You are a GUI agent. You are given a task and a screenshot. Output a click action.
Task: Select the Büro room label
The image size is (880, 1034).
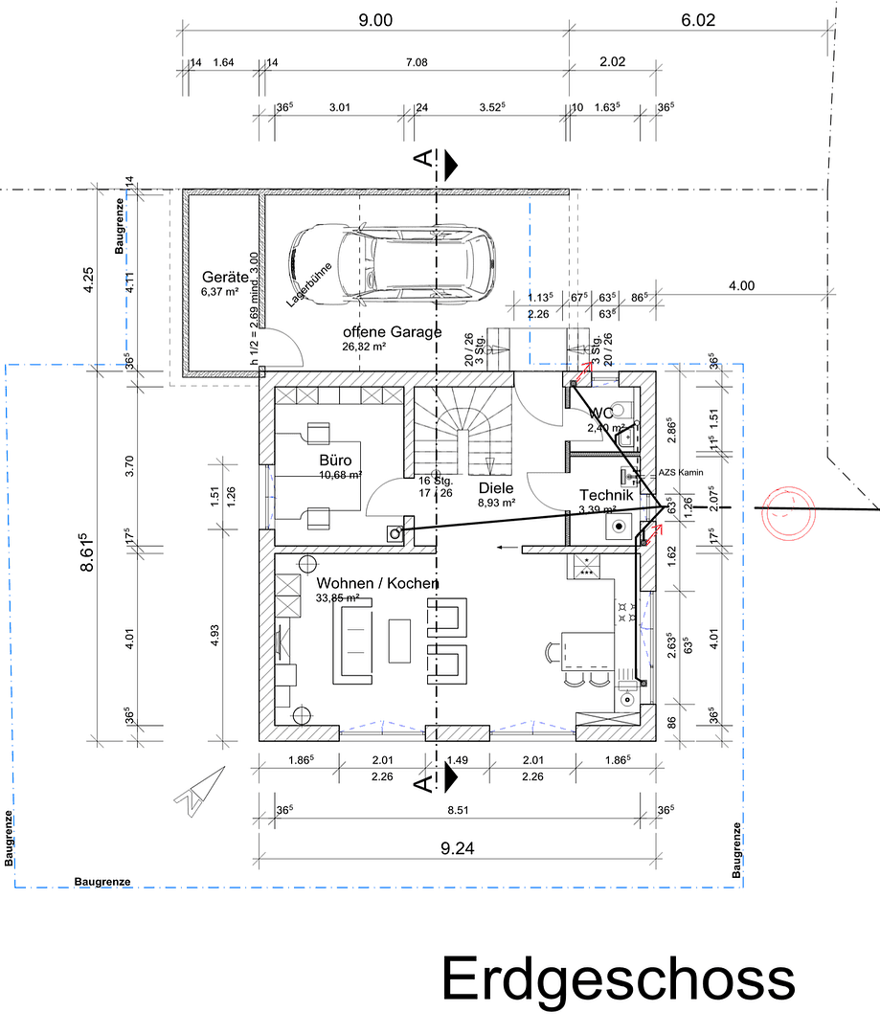pyautogui.click(x=335, y=461)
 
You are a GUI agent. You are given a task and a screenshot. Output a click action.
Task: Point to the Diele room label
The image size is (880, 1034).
pyautogui.click(x=496, y=487)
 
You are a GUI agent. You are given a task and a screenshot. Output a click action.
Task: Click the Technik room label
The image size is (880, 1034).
pyautogui.click(x=605, y=495)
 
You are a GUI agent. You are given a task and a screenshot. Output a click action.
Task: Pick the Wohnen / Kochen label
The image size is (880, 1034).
pyautogui.click(x=377, y=583)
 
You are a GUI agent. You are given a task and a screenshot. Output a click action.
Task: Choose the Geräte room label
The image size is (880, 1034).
pyautogui.click(x=225, y=277)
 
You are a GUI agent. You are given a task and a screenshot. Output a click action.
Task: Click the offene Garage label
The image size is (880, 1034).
pyautogui.click(x=393, y=332)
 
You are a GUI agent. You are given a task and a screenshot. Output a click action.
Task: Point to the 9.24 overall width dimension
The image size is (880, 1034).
pyautogui.click(x=458, y=846)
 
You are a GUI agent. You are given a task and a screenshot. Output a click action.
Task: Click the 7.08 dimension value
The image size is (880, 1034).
pyautogui.click(x=417, y=63)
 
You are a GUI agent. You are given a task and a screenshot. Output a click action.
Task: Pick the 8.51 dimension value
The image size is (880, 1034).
pyautogui.click(x=458, y=810)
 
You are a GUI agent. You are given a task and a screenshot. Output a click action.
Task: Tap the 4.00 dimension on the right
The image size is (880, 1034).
pyautogui.click(x=741, y=285)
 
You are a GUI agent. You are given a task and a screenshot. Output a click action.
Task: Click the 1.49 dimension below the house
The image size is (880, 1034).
pyautogui.click(x=458, y=760)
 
